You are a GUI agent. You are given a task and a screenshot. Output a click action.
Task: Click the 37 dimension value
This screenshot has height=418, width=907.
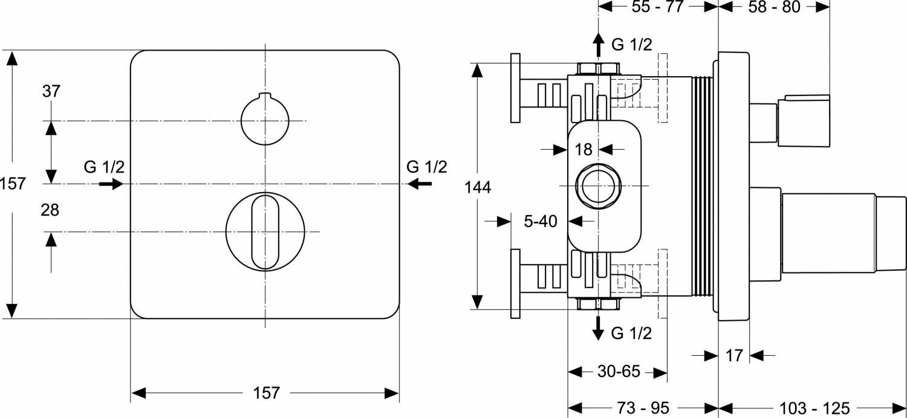tap(51, 92)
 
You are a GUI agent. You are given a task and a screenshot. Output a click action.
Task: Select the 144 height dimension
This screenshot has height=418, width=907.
tap(478, 188)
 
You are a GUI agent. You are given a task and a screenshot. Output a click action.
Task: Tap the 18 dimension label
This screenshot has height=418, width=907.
tap(583, 149)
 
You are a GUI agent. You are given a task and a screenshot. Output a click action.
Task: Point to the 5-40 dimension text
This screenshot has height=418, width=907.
tap(540, 221)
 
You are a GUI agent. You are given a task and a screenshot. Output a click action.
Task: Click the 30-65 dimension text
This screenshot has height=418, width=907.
tap(619, 371)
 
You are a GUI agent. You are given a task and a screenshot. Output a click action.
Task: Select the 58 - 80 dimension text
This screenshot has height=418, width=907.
tap(774, 7)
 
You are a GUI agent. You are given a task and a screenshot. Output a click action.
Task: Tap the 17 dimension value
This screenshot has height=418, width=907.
tap(733, 356)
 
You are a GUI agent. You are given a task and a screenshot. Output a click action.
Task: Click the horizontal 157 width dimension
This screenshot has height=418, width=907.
tap(265, 393)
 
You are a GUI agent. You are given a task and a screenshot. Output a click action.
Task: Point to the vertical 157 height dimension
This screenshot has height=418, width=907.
tap(13, 183)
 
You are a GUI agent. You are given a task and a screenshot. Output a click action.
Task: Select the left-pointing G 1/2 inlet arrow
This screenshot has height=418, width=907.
tap(420, 184)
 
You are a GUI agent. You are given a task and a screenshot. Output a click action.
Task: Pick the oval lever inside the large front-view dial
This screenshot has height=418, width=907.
tap(265, 231)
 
